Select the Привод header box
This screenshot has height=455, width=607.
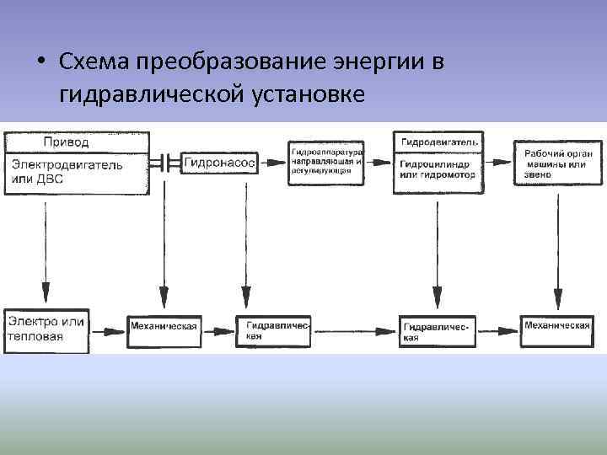(78, 142)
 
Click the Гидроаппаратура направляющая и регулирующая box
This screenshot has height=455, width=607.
(327, 163)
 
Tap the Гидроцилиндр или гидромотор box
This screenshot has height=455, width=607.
(438, 172)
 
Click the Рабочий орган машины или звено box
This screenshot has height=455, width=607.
(556, 163)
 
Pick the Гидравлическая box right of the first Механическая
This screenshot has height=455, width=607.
(278, 330)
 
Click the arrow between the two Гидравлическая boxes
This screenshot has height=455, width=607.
(354, 329)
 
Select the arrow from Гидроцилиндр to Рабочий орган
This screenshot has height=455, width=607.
(498, 162)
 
